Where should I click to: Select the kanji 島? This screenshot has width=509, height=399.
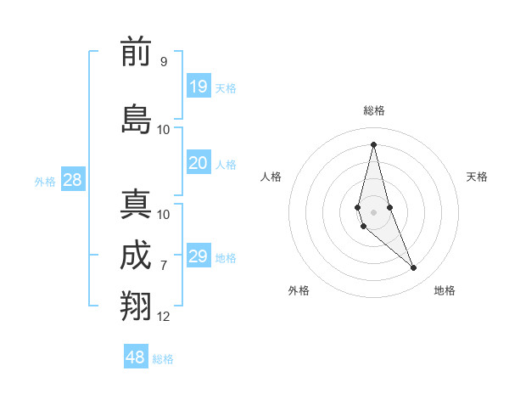(136, 119)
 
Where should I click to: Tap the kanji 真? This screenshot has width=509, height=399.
(136, 205)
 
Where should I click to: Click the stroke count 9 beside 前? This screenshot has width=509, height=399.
(163, 62)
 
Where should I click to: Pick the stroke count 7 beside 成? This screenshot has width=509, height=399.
(163, 266)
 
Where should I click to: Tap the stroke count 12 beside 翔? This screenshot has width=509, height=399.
(164, 317)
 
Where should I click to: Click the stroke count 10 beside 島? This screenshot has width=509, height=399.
(164, 130)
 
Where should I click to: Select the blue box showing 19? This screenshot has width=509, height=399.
(198, 86)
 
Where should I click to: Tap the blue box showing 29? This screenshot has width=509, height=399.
(198, 256)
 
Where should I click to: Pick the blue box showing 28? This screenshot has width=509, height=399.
(72, 179)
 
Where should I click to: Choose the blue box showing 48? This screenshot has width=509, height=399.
(136, 357)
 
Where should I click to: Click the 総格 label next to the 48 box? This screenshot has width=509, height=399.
(163, 359)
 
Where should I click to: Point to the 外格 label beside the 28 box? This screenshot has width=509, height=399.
(45, 182)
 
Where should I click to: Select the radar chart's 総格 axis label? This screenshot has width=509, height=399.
(374, 110)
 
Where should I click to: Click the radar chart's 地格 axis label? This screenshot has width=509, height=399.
(445, 290)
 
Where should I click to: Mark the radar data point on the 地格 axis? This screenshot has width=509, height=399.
(414, 268)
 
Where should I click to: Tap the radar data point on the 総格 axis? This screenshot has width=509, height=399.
(373, 143)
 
